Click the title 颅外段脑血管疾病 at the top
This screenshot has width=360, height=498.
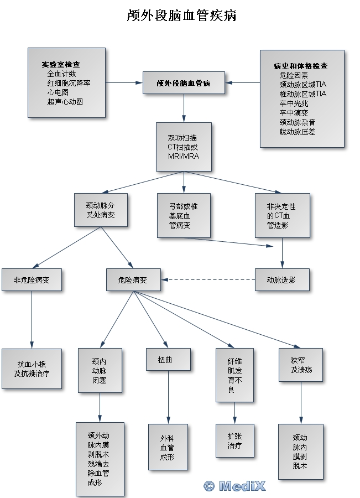tap(181, 15)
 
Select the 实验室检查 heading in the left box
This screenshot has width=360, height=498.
tap(61, 64)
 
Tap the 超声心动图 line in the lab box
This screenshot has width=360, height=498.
tap(65, 102)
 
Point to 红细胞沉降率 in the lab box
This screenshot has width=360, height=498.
tap(69, 83)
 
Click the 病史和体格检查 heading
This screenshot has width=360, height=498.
tap(300, 66)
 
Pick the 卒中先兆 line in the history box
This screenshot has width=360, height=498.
tap(294, 103)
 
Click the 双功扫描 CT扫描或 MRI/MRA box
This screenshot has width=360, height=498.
tap(183, 147)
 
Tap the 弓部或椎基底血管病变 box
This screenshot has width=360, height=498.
tap(183, 215)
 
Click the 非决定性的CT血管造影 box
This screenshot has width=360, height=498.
tap(282, 215)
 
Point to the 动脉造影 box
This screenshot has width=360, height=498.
tap(281, 280)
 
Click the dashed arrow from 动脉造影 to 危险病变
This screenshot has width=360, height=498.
tap(208, 280)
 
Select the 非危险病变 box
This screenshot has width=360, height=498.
tap(32, 280)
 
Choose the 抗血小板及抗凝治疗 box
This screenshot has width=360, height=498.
tap(32, 369)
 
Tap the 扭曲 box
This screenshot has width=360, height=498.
tap(168, 359)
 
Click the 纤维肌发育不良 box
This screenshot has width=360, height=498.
tap(234, 375)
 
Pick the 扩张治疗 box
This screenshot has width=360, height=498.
tap(234, 440)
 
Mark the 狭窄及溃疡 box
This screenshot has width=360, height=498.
tap(301, 365)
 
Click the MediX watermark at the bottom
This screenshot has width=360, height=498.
tap(234, 486)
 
